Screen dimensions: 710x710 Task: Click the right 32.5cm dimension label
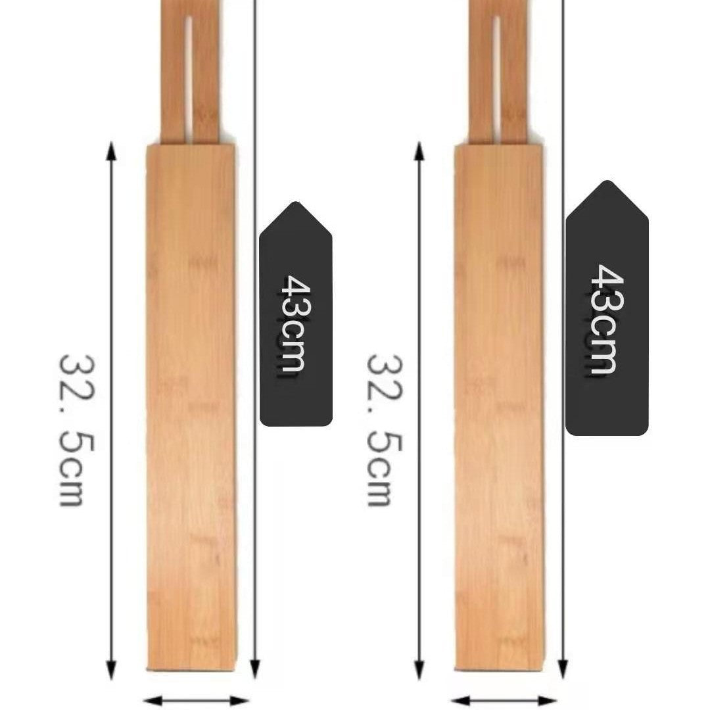click(384, 430)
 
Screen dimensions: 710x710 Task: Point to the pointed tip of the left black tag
click(296, 202)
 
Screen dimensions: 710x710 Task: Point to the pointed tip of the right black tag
click(607, 181)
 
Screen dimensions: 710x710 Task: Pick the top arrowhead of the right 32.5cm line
click(419, 151)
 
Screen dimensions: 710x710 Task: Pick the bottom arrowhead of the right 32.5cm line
click(419, 670)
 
